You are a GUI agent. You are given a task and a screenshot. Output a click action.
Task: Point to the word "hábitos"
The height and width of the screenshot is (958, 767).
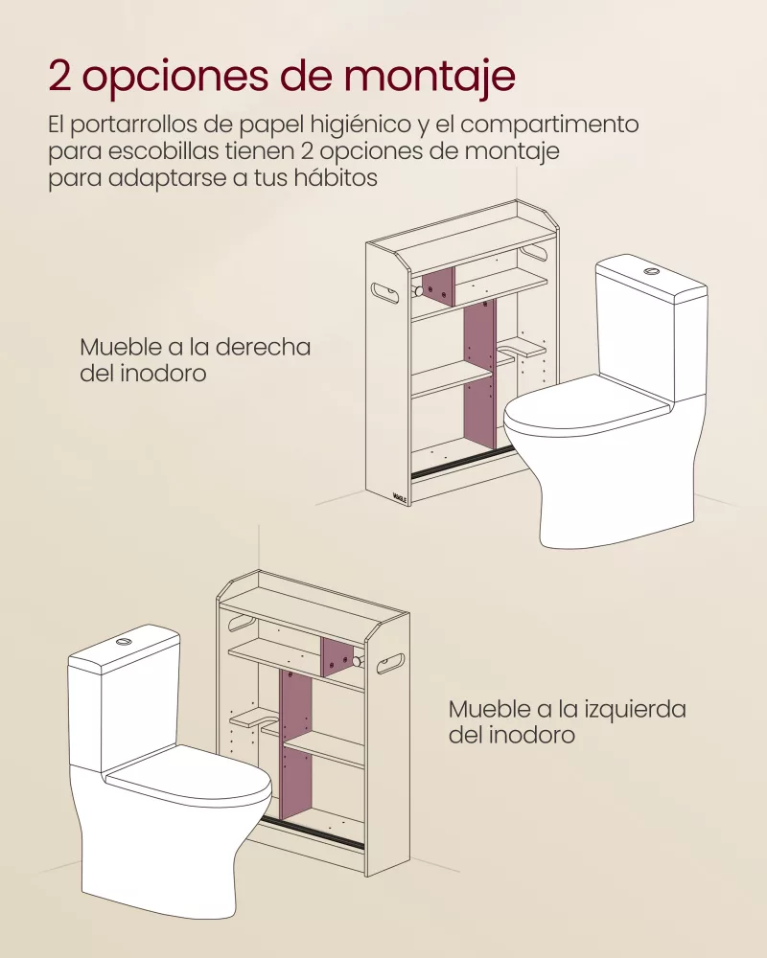[x=331, y=179]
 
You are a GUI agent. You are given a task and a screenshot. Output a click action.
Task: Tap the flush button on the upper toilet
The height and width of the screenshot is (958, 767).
[x=651, y=272]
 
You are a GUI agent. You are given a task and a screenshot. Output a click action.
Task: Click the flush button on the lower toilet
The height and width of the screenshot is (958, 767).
[x=124, y=639]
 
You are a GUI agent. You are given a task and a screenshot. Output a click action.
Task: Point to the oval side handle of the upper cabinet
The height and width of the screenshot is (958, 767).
[x=386, y=291]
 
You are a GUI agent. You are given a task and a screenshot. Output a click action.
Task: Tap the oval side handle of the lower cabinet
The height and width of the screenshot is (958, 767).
[x=390, y=659]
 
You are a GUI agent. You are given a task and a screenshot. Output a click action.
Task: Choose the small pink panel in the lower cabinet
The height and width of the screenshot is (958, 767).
[x=337, y=656]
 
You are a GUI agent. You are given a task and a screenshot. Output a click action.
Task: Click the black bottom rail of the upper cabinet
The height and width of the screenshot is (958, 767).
[x=454, y=462]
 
